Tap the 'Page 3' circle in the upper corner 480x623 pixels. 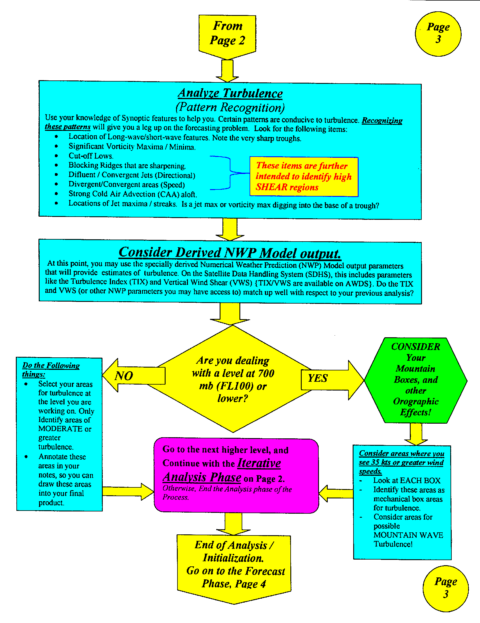pyautogui.click(x=438, y=34)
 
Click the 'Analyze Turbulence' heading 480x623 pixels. pyautogui.click(x=230, y=93)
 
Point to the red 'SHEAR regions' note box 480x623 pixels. pyautogui.click(x=304, y=177)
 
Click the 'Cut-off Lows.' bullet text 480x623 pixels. pyautogui.click(x=91, y=156)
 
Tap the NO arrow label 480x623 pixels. pyautogui.click(x=124, y=376)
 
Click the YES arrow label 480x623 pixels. pyautogui.click(x=318, y=378)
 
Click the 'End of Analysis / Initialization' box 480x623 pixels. pyautogui.click(x=234, y=565)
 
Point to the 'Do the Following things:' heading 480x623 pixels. pyautogui.click(x=51, y=370)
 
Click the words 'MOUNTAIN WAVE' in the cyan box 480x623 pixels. pyautogui.click(x=408, y=535)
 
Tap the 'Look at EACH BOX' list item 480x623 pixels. pyautogui.click(x=407, y=481)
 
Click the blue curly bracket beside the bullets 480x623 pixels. pyautogui.click(x=230, y=173)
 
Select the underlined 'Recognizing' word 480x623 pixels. pyautogui.click(x=382, y=121)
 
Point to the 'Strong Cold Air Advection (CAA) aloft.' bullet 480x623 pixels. pyautogui.click(x=132, y=194)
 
